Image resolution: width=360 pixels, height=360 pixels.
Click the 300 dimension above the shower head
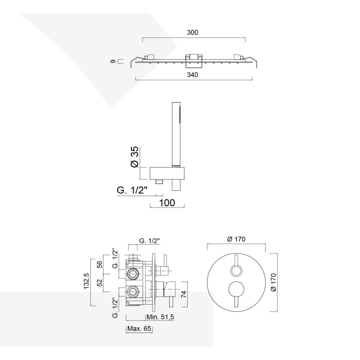pyautogui.click(x=193, y=32)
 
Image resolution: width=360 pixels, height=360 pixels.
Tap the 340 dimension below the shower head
pyautogui.click(x=193, y=75)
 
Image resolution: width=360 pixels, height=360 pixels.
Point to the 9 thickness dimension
pyautogui.click(x=113, y=61)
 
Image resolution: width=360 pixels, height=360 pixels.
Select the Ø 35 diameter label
pyautogui.click(x=135, y=157)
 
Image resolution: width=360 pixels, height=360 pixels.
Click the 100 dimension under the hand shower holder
pyautogui.click(x=167, y=203)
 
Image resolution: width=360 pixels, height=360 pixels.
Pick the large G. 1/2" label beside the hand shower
pyautogui.click(x=132, y=190)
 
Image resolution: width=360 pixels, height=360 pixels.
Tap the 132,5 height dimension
pyautogui.click(x=86, y=281)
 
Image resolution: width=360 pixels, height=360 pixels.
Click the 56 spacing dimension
pyautogui.click(x=99, y=265)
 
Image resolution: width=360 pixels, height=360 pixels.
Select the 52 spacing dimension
pyautogui.click(x=99, y=283)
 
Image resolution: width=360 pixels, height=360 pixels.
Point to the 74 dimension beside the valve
pyautogui.click(x=184, y=294)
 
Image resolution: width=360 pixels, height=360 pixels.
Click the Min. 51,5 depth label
pyautogui.click(x=160, y=317)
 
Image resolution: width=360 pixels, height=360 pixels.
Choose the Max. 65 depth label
pyautogui.click(x=139, y=328)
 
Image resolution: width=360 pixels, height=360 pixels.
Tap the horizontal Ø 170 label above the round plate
pyautogui.click(x=236, y=239)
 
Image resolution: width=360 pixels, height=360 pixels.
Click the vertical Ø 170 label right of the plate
pyautogui.click(x=274, y=283)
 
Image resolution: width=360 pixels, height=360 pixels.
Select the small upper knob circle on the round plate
pyautogui.click(x=236, y=270)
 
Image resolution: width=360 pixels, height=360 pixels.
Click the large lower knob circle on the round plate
pyautogui.click(x=236, y=289)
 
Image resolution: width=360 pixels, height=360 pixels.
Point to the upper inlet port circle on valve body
pyautogui.click(x=132, y=274)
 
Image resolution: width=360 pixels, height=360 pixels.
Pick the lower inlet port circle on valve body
pyautogui.click(x=132, y=292)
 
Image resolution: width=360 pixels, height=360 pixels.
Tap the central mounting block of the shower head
pyautogui.click(x=194, y=61)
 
